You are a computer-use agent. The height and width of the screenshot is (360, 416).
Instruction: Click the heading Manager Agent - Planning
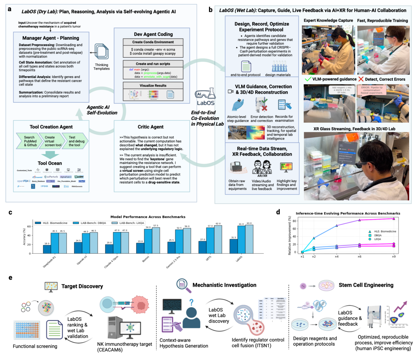click(51, 38)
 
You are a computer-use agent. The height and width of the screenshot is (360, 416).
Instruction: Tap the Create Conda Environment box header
click(153, 42)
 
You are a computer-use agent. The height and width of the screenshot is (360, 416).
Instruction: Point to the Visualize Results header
click(153, 85)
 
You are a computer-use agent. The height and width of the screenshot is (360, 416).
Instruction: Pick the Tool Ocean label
click(50, 163)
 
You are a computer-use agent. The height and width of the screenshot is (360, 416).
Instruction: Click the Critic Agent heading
click(151, 127)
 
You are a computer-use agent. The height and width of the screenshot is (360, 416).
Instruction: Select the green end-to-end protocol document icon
click(246, 66)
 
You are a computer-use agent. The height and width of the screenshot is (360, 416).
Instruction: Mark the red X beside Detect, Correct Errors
click(361, 79)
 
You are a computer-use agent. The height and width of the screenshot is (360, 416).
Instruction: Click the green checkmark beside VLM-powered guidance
click(308, 79)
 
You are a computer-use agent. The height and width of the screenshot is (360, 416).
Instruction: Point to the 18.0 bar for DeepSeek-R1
click(47, 249)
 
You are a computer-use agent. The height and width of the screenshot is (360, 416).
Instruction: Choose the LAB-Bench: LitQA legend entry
click(132, 223)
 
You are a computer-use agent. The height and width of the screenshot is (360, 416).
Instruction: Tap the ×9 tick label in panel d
click(394, 256)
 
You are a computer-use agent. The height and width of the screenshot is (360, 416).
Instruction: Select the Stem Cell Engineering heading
click(366, 285)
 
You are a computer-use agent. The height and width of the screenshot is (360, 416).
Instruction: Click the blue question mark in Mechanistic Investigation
click(191, 302)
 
